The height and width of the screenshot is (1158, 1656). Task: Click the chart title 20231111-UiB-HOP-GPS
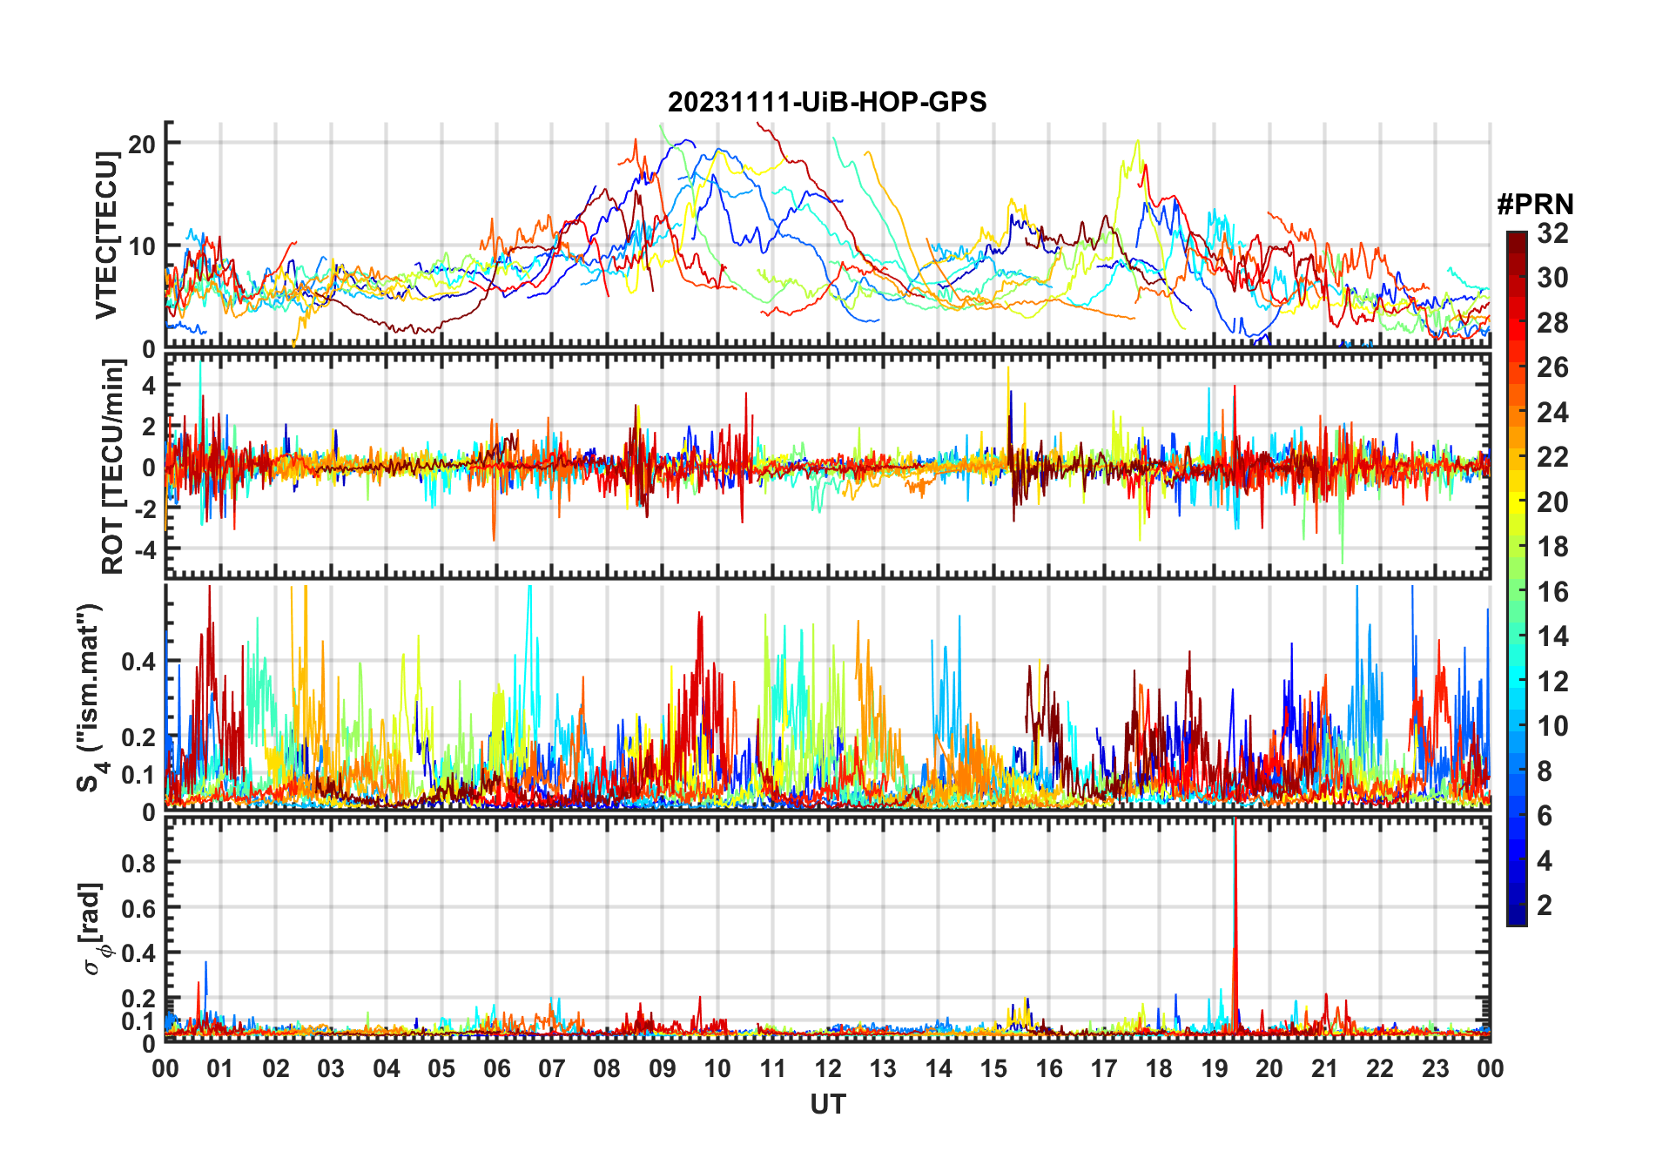[827, 102]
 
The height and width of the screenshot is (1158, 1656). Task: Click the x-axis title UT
[827, 1105]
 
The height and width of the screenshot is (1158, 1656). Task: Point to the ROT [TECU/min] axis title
[113, 468]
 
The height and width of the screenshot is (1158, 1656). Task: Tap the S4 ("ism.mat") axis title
[91, 697]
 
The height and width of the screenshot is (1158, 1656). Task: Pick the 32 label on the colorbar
[1552, 233]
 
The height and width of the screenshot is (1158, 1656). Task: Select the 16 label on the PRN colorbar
[1552, 592]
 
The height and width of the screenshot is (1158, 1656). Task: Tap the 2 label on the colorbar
[1545, 906]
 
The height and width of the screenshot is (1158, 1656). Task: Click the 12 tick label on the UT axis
[828, 1068]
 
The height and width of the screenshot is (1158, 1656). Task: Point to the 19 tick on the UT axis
[1215, 1068]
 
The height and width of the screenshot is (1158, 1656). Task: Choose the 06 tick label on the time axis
[496, 1068]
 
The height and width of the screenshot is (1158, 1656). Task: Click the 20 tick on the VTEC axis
[142, 144]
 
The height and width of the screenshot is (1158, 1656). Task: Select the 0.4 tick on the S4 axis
[139, 662]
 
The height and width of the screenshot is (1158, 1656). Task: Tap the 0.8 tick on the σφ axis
[139, 863]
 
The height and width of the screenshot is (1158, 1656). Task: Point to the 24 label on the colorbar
[1552, 413]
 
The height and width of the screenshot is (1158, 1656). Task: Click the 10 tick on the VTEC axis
[142, 246]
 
